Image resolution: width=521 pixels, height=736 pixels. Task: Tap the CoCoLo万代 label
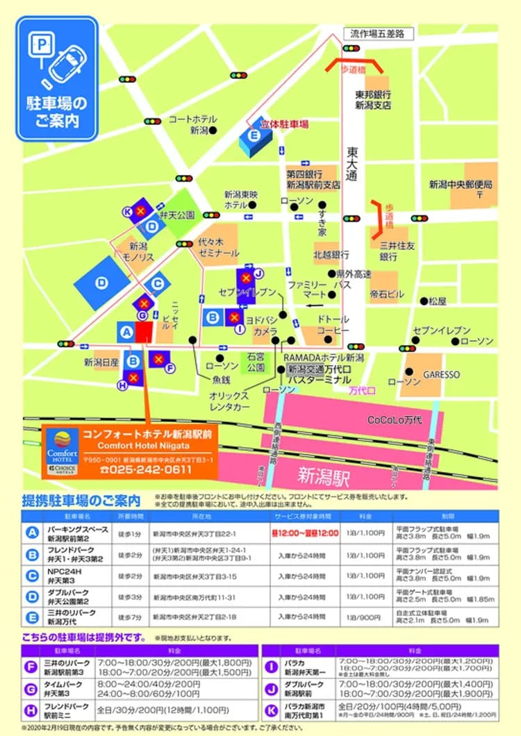click(x=396, y=420)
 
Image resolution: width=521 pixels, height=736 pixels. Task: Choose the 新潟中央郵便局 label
click(x=461, y=185)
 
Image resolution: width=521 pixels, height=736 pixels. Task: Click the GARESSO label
click(x=442, y=374)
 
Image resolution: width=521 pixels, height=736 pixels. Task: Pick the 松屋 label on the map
click(x=438, y=301)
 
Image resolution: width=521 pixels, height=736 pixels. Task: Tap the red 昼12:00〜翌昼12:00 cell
click(x=305, y=533)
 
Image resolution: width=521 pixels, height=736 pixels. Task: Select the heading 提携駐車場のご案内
click(x=81, y=500)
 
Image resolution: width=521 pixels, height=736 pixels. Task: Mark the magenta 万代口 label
click(x=362, y=390)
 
